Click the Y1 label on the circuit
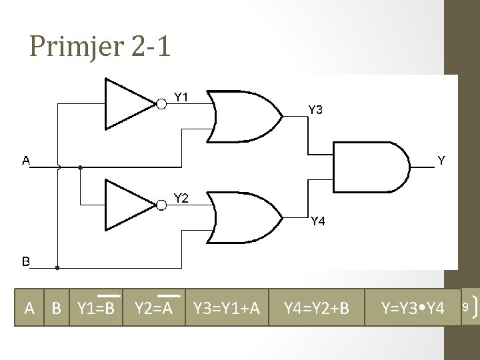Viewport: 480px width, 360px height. point(181,97)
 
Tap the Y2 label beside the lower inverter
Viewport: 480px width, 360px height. point(181,197)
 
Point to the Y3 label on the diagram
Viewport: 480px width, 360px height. point(315,110)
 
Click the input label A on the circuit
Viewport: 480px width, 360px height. point(26,160)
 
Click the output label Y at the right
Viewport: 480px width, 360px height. point(441,160)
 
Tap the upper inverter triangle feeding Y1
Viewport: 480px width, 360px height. point(129,103)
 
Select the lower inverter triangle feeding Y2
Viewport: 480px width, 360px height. point(129,204)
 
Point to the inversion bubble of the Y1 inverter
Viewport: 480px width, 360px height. point(161,103)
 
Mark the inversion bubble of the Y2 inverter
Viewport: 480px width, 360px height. point(161,204)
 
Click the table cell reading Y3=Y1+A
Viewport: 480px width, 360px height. point(227,308)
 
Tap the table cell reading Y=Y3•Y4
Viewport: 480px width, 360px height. point(411,308)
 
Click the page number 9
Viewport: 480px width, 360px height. point(465,307)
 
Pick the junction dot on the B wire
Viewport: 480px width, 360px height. point(57,267)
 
